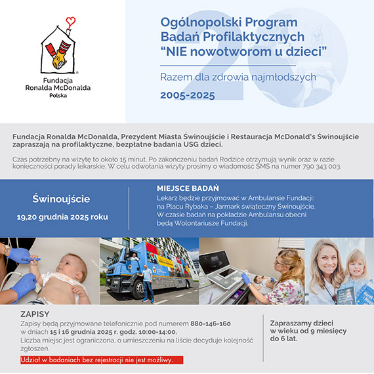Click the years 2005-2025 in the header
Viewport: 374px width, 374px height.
tap(187, 96)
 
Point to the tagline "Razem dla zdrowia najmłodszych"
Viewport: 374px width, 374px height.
tap(238, 77)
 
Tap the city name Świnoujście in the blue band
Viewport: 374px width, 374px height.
tap(61, 198)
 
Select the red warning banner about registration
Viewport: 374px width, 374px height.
tap(98, 360)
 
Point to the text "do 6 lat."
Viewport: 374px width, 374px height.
tap(287, 341)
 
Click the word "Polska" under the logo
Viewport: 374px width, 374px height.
tap(58, 94)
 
